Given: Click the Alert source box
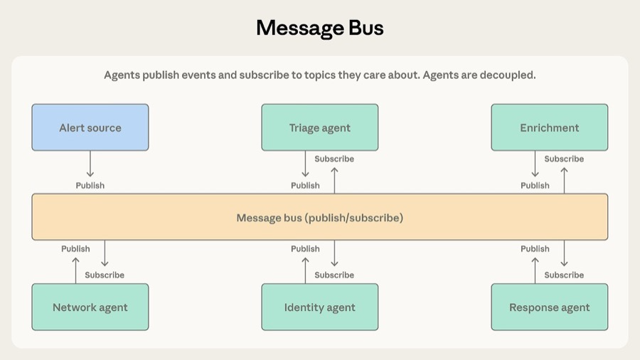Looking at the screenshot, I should (90, 128).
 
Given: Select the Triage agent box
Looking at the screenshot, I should (320, 128).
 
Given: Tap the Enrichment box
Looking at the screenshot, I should (550, 128).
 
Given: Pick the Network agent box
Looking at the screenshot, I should (90, 307).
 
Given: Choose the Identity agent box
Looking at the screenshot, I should (320, 307).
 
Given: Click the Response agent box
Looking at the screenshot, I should (550, 307).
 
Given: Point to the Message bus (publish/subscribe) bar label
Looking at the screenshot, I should (320, 218).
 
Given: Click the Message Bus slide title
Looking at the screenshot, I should (320, 28).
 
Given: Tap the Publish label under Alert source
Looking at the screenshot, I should (90, 186).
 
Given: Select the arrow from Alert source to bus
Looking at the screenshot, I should (90, 164).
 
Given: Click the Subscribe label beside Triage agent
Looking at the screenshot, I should (334, 159).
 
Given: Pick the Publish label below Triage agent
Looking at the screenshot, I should (305, 186).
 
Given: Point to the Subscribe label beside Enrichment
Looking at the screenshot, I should (564, 159).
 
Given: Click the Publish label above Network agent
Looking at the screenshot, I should (75, 249).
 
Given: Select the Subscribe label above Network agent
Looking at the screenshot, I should (105, 275).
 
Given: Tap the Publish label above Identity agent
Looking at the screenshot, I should (305, 249).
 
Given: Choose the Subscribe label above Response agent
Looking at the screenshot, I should (564, 275).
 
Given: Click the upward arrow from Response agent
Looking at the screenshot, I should (535, 270).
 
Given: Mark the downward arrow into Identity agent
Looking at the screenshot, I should (335, 254).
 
